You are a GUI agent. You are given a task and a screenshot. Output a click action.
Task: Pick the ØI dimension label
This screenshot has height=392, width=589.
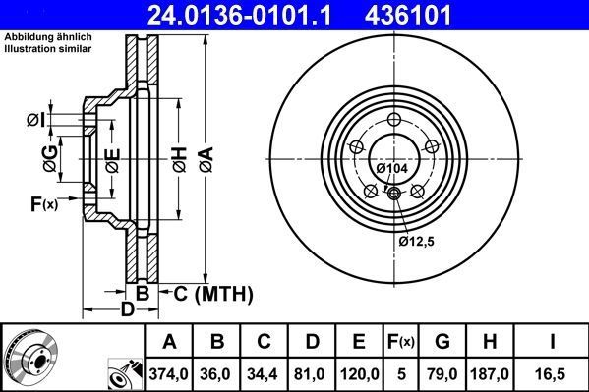pos(35,120)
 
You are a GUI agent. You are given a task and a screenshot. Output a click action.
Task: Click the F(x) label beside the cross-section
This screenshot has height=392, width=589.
pos(44,203)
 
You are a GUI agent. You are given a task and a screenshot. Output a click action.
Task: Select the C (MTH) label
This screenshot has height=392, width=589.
pos(213,293)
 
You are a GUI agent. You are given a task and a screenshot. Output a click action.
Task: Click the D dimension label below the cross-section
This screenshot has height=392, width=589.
pos(127,310)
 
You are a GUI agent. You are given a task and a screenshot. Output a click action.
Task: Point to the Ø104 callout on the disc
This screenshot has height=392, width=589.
pos(392,169)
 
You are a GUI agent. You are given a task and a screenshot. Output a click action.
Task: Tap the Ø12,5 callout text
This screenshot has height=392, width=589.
pos(416,240)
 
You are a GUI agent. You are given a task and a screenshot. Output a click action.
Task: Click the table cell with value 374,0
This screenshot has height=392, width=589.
pos(169,372)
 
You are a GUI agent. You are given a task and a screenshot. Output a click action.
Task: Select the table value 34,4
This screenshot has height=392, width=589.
pos(265,372)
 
